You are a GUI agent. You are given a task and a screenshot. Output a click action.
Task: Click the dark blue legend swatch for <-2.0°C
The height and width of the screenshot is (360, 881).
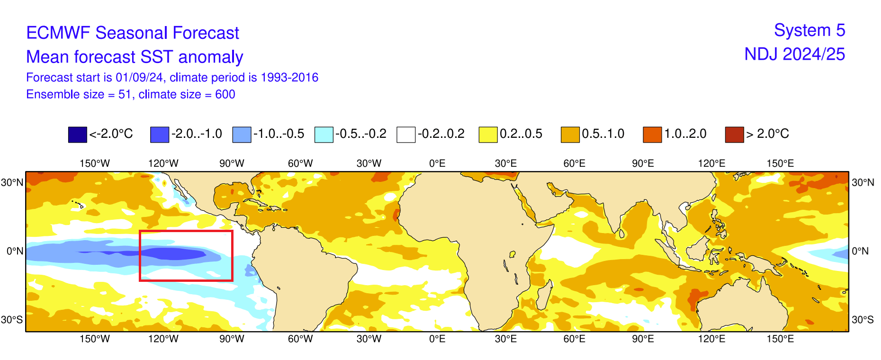78,135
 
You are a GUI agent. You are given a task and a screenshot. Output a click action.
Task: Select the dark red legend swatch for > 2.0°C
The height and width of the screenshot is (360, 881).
734,135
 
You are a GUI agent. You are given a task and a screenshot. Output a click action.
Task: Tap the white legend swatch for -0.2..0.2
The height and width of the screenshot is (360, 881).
406,135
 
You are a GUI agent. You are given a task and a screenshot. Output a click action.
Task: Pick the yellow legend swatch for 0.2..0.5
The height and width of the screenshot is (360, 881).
488,135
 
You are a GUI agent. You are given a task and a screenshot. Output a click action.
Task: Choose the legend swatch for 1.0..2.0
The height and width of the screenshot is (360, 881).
652,135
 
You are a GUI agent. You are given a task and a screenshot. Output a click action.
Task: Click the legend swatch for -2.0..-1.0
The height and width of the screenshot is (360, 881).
160,135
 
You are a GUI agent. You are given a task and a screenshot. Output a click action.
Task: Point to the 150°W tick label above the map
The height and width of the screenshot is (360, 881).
95,163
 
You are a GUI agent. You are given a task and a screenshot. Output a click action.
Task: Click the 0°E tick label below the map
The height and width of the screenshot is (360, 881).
437,339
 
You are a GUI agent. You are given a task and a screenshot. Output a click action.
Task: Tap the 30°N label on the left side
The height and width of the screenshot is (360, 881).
12,182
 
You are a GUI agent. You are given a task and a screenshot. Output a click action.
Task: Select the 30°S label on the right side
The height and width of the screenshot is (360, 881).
863,320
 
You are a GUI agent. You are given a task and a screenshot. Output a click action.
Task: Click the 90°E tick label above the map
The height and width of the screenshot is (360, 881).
643,163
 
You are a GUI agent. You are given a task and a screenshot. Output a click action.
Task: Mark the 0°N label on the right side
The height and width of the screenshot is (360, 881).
860,251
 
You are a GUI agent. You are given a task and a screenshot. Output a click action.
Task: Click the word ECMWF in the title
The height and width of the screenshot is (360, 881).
58,33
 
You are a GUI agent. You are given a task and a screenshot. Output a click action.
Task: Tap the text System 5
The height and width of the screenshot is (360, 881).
809,30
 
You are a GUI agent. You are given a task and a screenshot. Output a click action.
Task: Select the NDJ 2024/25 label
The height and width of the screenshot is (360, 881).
794,54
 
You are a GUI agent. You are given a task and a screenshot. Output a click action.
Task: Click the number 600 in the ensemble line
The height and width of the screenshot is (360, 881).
225,94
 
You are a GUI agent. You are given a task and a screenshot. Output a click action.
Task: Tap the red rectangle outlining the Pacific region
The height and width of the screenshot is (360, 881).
186,232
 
